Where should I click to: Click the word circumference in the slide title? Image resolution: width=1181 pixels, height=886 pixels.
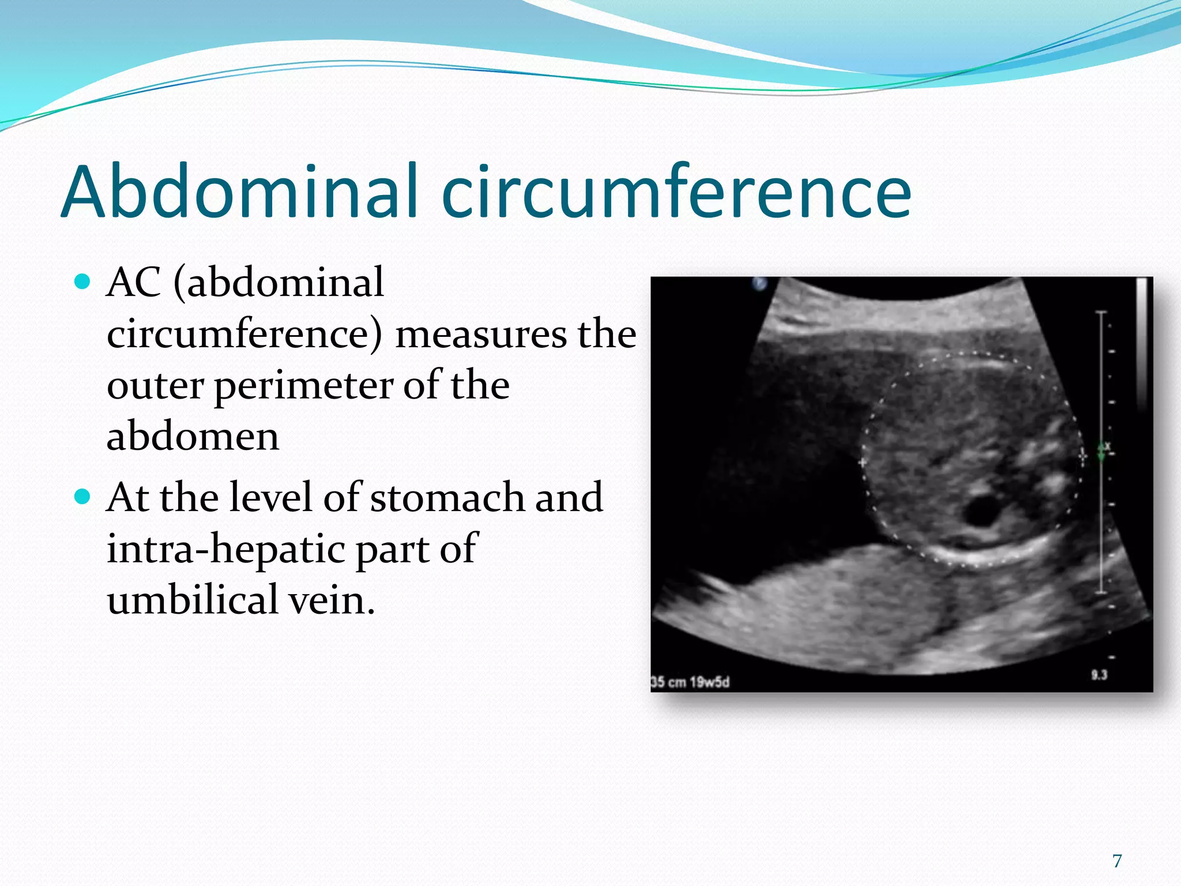click(x=676, y=192)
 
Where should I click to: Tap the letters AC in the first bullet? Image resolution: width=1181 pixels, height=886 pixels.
click(x=134, y=283)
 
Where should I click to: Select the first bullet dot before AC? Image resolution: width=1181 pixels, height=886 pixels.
click(x=83, y=282)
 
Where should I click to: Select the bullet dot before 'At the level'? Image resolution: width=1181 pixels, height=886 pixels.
click(x=83, y=496)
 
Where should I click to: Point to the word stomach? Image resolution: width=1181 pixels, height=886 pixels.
click(x=446, y=497)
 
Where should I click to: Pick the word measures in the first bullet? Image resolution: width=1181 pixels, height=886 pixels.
click(x=480, y=335)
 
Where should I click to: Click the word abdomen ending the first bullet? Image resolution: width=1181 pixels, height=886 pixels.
click(x=193, y=436)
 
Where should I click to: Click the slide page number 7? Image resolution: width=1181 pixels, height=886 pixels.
click(x=1117, y=861)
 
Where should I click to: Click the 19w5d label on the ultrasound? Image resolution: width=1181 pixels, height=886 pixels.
click(x=709, y=682)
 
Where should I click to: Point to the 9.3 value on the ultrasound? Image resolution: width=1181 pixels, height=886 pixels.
click(x=1099, y=674)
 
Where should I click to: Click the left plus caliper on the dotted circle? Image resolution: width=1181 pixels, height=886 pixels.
click(x=863, y=463)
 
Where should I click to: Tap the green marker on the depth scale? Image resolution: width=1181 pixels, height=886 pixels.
click(x=1101, y=452)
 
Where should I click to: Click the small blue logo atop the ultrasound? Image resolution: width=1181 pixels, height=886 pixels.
click(x=760, y=284)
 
